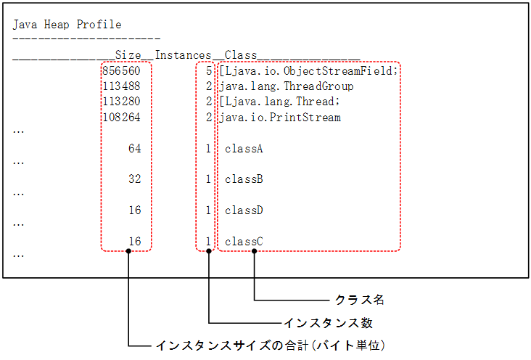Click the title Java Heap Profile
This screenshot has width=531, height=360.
point(67,25)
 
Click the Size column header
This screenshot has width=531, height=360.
point(128,55)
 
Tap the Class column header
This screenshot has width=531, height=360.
point(237,55)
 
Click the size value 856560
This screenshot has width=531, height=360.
point(122,71)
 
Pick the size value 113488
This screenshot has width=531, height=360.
point(122,86)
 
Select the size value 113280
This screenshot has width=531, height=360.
point(122,102)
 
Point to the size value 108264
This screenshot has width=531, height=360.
point(122,117)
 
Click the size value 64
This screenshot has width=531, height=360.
point(134,149)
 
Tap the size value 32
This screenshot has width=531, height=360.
point(134,179)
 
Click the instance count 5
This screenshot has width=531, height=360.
point(208,71)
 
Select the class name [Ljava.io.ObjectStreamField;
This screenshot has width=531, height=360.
point(309,71)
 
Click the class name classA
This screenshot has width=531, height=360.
point(243,149)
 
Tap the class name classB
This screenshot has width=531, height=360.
point(243,179)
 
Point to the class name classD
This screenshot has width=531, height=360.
point(243,210)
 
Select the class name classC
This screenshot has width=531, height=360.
point(243,241)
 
